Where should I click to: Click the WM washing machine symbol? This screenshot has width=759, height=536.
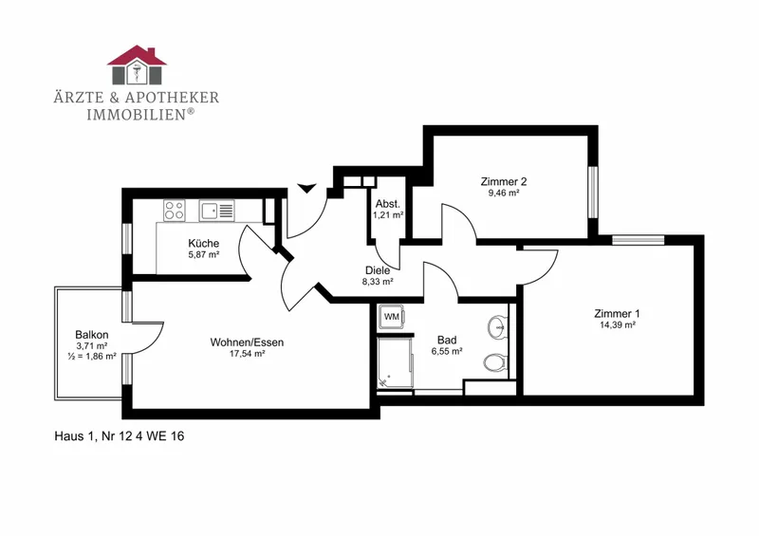click(392, 317)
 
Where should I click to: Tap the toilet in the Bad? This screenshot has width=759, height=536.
click(495, 361)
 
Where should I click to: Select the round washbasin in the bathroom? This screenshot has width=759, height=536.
click(496, 325)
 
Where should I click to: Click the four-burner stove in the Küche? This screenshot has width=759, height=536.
click(174, 211)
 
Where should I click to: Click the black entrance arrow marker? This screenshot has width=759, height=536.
click(306, 189)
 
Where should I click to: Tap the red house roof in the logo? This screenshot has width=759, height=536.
click(137, 56)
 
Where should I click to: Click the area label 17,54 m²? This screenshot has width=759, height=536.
click(247, 354)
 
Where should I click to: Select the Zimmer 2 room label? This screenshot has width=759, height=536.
click(504, 181)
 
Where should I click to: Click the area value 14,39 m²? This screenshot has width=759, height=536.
click(618, 325)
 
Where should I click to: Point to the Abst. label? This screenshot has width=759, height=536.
click(388, 204)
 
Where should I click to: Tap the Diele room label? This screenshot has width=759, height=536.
click(378, 270)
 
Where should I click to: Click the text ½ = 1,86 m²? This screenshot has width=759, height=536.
click(92, 357)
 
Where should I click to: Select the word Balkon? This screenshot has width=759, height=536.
click(92, 335)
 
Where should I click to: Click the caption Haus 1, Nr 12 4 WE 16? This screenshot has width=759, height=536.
click(120, 436)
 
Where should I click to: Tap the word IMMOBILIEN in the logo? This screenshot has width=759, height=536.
click(136, 114)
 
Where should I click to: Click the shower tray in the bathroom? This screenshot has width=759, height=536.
click(395, 362)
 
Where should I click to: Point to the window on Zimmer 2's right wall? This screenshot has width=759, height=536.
click(592, 193)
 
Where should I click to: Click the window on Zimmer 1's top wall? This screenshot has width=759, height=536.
click(638, 240)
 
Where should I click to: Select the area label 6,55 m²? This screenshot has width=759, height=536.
click(447, 352)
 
